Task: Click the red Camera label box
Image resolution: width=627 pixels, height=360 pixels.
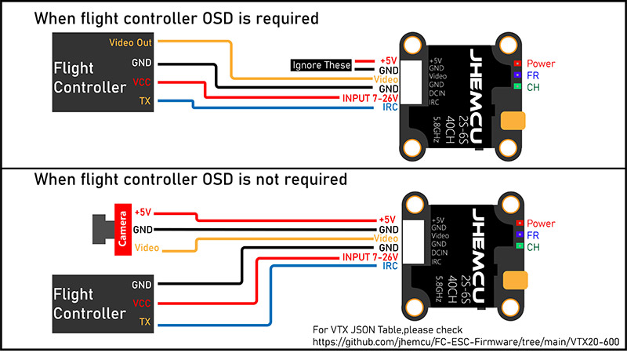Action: pos(121,230)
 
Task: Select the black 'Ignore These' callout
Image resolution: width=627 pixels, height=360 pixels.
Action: pos(321,66)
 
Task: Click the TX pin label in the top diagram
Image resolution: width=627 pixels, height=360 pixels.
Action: pos(145,100)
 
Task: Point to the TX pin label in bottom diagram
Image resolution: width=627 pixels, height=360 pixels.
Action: pos(145,322)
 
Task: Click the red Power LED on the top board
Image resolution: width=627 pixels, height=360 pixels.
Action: pos(516,63)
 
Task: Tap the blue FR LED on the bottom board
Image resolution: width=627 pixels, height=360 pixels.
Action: pos(516,235)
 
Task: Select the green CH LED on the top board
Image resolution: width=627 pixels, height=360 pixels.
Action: pos(516,86)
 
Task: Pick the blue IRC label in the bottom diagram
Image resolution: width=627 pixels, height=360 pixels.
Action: pos(390,267)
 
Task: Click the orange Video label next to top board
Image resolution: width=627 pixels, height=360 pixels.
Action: pos(387,79)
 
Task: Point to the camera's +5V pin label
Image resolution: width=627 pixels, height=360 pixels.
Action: pos(143,212)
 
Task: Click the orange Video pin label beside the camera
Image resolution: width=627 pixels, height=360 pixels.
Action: pos(147,248)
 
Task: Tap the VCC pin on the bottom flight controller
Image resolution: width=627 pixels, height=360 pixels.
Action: pos(142,303)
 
